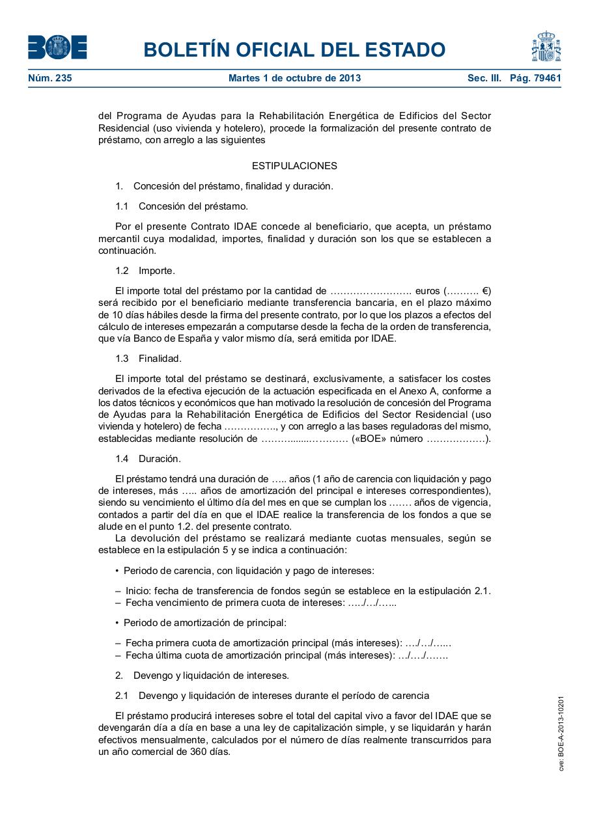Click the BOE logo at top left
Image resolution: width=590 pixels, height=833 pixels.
(x=57, y=48)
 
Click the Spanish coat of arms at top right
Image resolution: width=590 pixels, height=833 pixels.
(x=546, y=46)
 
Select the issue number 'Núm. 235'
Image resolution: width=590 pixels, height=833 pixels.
(x=50, y=79)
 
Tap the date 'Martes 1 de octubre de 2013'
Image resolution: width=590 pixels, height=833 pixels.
(x=294, y=79)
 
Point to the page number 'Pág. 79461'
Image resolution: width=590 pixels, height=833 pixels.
(x=535, y=79)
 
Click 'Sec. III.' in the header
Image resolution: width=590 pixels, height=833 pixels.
(x=484, y=79)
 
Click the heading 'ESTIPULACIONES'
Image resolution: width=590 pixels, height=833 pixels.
(x=294, y=166)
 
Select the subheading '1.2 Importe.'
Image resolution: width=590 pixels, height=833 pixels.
(x=145, y=271)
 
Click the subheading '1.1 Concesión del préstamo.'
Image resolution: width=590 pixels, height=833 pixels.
(x=182, y=206)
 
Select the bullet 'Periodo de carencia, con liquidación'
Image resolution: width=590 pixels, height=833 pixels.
(x=248, y=571)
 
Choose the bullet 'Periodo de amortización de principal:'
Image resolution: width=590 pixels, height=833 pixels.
(x=204, y=623)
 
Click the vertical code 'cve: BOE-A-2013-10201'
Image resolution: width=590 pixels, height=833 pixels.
(x=561, y=733)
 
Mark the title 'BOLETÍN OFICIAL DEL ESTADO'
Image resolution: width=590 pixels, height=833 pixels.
(x=294, y=49)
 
